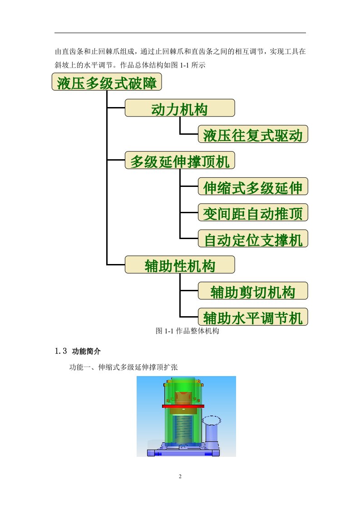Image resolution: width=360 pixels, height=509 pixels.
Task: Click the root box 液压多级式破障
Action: [x=107, y=82]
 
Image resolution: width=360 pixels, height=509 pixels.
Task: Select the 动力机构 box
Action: [x=180, y=108]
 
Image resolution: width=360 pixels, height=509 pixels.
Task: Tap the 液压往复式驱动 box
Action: [x=253, y=134]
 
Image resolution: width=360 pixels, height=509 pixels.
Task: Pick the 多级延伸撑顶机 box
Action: [x=180, y=160]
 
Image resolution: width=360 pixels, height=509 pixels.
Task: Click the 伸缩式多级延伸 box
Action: [x=253, y=186]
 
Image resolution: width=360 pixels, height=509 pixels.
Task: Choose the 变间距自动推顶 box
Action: [x=253, y=212]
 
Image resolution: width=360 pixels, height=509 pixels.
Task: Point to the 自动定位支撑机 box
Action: [x=253, y=239]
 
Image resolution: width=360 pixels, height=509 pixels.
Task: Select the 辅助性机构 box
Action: [x=180, y=264]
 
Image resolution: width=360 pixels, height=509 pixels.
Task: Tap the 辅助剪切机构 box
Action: [x=253, y=291]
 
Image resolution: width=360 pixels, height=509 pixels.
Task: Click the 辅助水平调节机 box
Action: [x=253, y=317]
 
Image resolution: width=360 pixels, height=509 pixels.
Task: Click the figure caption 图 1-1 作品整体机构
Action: [x=187, y=331]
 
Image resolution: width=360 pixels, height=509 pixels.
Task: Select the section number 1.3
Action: [x=61, y=351]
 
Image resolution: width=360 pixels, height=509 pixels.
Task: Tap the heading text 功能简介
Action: [x=86, y=351]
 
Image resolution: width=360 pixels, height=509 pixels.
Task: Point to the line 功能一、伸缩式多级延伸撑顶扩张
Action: [x=123, y=367]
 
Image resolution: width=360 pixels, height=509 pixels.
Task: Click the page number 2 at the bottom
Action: [x=180, y=476]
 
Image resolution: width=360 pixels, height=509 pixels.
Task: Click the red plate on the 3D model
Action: [x=183, y=406]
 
